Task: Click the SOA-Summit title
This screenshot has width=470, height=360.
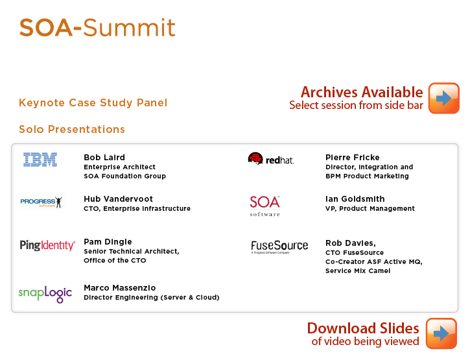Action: [97, 28]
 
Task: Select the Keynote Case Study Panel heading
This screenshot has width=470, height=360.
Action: [93, 102]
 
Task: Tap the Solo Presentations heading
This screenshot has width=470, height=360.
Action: [72, 129]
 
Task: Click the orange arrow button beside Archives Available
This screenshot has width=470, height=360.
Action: [444, 98]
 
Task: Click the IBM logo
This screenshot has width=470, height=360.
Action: [40, 160]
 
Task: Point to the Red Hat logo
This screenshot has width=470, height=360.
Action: [271, 159]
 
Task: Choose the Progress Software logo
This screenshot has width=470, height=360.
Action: [41, 202]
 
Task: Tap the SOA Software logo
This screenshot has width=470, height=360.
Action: [265, 206]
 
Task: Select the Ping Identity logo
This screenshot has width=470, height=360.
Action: [47, 245]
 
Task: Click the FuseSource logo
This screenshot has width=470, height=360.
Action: [279, 246]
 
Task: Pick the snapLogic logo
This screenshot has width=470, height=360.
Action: [45, 294]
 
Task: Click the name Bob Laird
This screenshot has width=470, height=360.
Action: [104, 157]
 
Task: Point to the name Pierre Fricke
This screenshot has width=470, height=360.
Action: [353, 157]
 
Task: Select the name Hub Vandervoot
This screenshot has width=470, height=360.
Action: [119, 199]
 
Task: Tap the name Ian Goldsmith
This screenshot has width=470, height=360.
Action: [355, 199]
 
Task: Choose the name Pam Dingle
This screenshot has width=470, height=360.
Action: [108, 242]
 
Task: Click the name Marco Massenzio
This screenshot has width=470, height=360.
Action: [120, 288]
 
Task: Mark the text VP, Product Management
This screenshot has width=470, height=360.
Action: [370, 208]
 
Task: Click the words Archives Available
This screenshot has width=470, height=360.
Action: [362, 92]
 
